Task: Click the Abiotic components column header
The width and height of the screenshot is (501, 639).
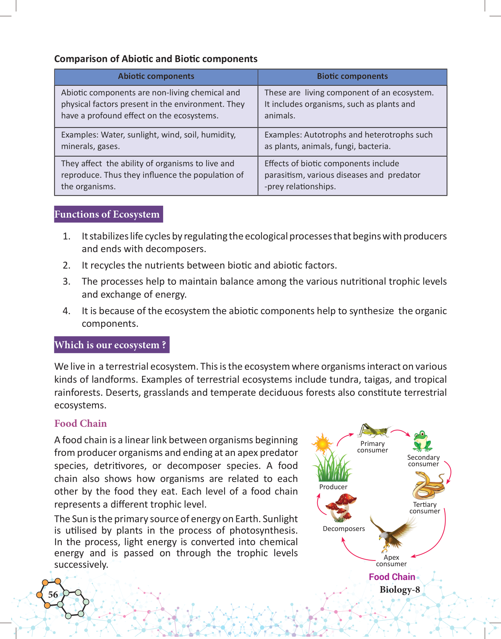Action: (x=156, y=77)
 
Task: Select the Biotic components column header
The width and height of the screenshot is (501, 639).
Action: (x=352, y=77)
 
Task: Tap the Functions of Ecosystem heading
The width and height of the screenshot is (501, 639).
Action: (x=107, y=214)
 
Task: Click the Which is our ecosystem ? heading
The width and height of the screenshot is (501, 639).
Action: (x=111, y=345)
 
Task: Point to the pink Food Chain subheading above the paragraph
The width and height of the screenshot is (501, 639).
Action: (x=80, y=423)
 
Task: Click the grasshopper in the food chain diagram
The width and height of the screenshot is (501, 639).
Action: (x=373, y=431)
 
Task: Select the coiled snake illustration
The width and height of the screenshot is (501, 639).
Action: (x=428, y=485)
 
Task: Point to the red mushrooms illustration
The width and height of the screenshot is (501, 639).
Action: (x=341, y=506)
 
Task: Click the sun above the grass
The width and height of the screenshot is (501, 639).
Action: (x=323, y=444)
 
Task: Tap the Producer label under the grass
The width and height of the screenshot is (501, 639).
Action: (x=333, y=487)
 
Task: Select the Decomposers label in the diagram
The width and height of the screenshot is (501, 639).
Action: (x=344, y=529)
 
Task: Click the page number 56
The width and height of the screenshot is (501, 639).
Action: (x=53, y=595)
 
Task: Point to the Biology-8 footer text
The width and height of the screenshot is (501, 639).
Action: (x=399, y=590)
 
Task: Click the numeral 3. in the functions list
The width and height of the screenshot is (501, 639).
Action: (x=67, y=282)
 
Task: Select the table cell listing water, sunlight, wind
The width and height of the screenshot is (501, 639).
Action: (x=156, y=141)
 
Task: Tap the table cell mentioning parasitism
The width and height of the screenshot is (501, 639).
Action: (x=352, y=175)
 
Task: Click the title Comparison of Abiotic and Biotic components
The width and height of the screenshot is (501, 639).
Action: (x=156, y=59)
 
